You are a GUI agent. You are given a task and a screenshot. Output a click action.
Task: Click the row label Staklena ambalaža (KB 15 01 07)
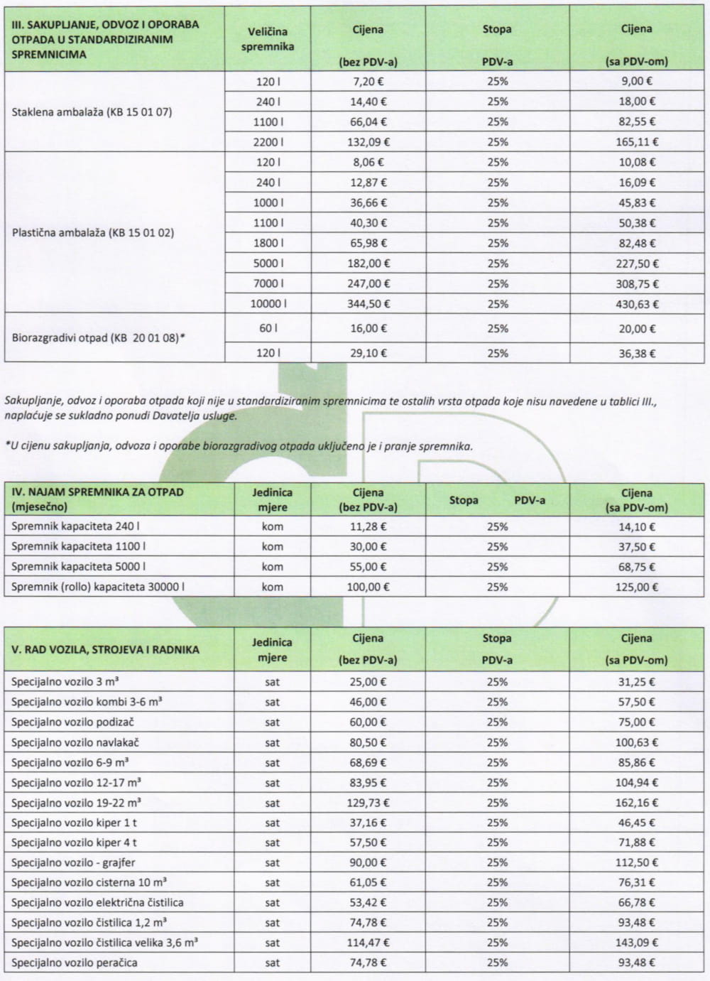92,112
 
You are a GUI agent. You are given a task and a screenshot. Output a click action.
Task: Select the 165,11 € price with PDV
636,142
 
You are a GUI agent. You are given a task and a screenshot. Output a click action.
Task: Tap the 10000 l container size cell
268,304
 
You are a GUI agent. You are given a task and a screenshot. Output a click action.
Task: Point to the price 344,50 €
368,304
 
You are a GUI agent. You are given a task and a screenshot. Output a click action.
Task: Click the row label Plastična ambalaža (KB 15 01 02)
92,233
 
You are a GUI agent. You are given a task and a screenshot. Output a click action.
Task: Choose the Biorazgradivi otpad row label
98,338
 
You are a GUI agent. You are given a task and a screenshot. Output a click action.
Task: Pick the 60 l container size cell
268,329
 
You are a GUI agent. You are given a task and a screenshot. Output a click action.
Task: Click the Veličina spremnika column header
268,39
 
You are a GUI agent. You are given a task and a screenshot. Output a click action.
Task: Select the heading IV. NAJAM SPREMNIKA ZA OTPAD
97,492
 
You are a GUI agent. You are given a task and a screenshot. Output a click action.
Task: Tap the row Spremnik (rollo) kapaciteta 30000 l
98,587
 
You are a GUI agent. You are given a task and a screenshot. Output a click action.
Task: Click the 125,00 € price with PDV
636,587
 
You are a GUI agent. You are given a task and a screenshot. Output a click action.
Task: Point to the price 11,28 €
368,527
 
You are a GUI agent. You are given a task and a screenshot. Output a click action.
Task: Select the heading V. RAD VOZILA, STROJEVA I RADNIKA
105,649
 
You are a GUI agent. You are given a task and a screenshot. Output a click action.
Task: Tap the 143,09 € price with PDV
636,943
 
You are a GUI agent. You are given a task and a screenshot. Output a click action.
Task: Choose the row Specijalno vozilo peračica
74,963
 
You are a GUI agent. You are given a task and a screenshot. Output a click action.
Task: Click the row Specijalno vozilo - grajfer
73,863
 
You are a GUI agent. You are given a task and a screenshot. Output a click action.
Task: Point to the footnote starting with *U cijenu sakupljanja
238,447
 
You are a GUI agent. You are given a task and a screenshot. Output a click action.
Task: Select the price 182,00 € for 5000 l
368,264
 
